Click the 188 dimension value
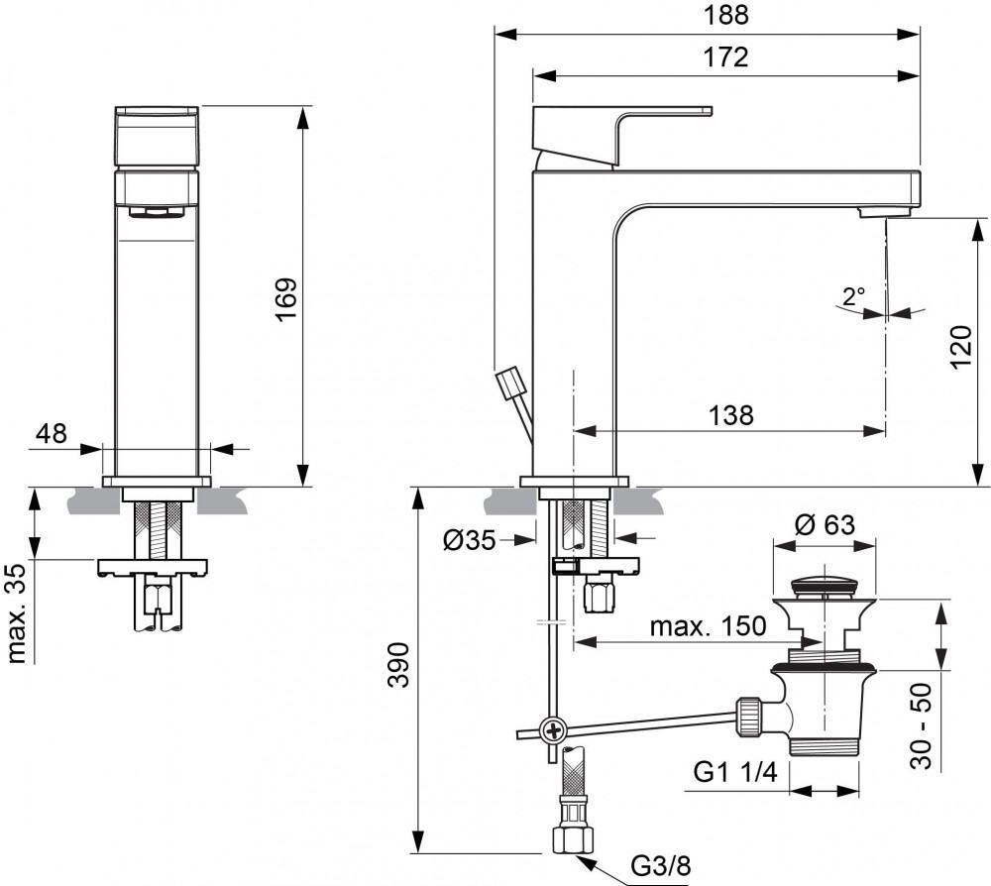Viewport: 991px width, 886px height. [726, 16]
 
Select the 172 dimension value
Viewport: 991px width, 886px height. [726, 58]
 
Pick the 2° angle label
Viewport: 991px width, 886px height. [854, 295]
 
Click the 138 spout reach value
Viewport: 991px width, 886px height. [730, 414]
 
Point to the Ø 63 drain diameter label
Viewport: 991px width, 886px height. [825, 524]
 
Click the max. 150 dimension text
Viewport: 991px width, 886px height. [708, 625]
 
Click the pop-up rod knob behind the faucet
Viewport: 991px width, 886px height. [509, 383]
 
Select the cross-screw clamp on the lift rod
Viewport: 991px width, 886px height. [552, 731]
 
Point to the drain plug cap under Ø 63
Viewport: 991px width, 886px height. [825, 581]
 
